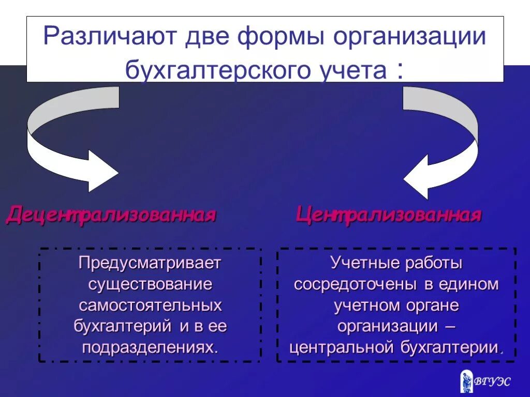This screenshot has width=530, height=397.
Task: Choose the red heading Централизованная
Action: point(389,214)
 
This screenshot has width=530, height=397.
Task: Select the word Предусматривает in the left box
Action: point(150,264)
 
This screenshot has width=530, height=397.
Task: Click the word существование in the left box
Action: point(150,284)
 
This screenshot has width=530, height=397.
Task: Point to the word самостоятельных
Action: point(150,305)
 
